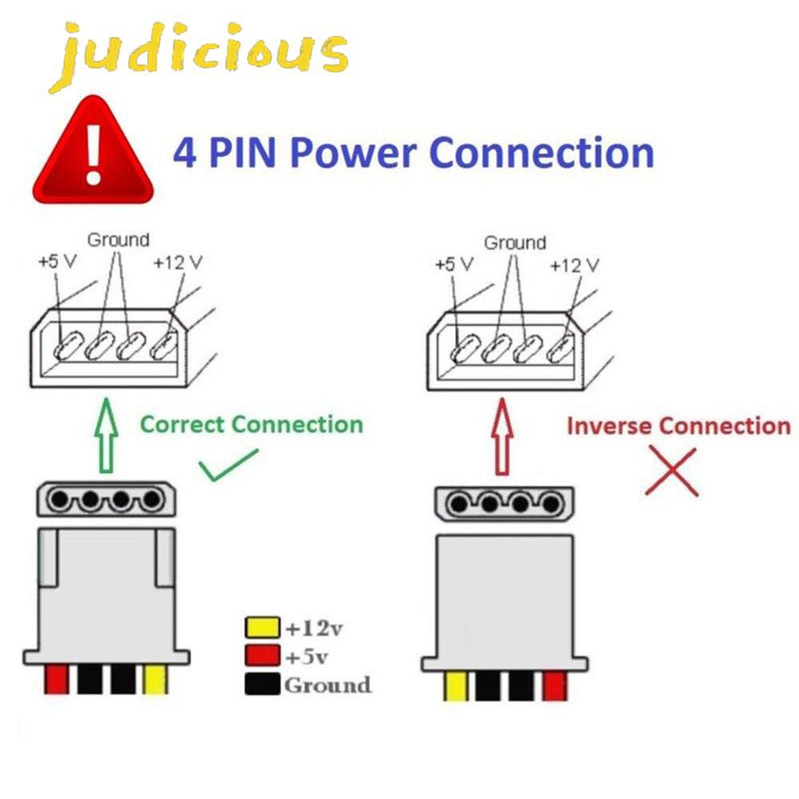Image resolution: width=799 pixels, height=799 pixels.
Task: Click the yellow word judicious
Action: [199, 56]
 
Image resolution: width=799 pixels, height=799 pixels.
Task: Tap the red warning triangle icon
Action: [93, 151]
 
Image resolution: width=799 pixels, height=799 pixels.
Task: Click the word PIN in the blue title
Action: [243, 153]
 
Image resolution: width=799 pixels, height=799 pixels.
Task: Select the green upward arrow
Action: [106, 435]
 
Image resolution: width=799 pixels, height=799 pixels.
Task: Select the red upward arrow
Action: [503, 437]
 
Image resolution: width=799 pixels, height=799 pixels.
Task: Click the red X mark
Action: [672, 472]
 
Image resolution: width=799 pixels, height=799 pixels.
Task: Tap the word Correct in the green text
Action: [182, 424]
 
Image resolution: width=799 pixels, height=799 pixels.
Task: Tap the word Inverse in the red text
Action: [610, 427]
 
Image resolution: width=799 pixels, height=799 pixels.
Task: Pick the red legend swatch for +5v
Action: [262, 656]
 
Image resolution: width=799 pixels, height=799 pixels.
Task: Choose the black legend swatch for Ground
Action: [262, 684]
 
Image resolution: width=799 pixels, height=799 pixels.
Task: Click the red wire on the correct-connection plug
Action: [57, 679]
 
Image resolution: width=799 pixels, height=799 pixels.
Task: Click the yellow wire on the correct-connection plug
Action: [155, 679]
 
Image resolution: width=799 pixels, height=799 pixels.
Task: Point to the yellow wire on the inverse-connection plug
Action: [455, 686]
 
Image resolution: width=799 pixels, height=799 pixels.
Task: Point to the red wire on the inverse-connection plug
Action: [555, 686]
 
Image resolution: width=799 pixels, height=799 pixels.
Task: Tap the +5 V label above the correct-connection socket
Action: [58, 262]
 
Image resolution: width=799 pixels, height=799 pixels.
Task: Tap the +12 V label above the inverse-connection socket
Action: [574, 265]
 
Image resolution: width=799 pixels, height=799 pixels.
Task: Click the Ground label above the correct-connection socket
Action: [118, 240]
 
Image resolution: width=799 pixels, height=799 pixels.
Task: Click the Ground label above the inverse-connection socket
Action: [515, 243]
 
